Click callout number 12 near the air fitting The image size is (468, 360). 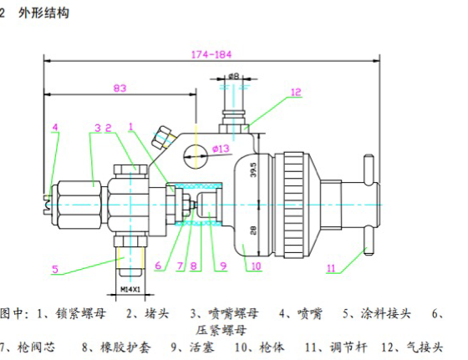(295, 93)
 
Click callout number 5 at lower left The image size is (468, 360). (54, 269)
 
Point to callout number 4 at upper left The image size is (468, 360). (55, 128)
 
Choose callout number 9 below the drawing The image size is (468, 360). (223, 266)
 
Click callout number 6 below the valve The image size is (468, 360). (156, 266)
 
